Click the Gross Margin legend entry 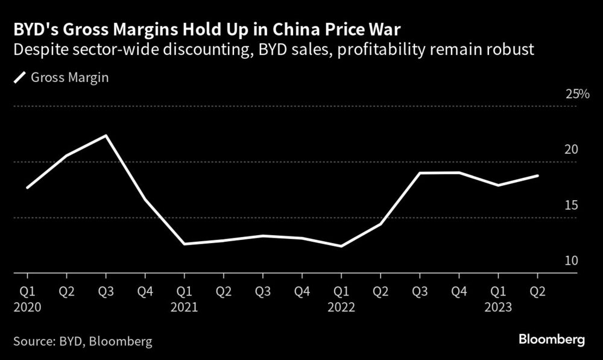[60, 78]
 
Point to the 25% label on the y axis [576, 95]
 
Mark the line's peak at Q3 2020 [106, 135]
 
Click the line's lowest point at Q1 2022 [341, 246]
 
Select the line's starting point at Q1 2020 [28, 188]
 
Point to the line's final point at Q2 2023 [537, 175]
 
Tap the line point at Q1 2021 [185, 244]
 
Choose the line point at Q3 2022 [420, 173]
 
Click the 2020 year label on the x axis [28, 307]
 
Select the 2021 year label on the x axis [185, 307]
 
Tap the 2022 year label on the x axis [341, 307]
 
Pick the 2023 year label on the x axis [498, 307]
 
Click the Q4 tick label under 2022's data [459, 292]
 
